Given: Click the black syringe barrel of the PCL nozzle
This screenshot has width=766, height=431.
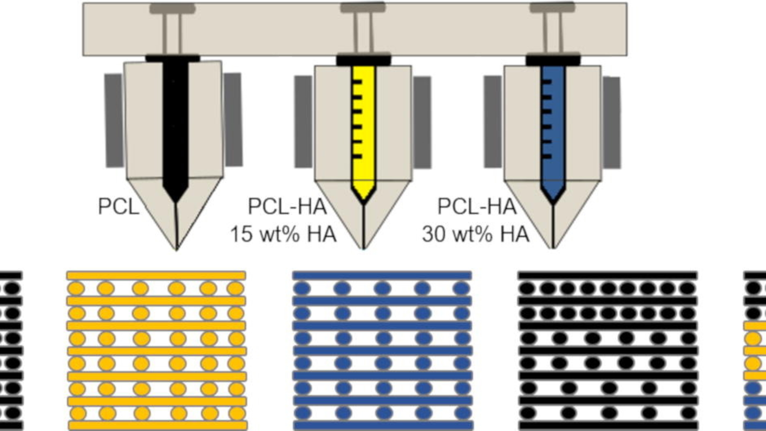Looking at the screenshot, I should [x=175, y=125].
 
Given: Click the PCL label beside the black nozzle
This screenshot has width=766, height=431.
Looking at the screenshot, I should [x=118, y=206].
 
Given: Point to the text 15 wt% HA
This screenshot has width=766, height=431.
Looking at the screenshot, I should [x=283, y=234].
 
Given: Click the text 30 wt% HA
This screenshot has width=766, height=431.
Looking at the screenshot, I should [x=475, y=234].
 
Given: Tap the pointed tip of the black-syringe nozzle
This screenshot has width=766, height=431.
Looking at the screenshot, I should [x=177, y=248].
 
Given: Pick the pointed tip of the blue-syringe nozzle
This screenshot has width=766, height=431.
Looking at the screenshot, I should [x=553, y=247].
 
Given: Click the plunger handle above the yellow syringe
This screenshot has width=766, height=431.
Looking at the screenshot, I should [x=363, y=8].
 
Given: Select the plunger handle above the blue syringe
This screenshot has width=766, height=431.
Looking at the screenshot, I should [x=552, y=8].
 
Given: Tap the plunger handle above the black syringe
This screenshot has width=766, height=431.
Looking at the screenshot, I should [x=172, y=9].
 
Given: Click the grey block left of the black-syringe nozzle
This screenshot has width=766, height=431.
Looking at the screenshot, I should [x=114, y=120].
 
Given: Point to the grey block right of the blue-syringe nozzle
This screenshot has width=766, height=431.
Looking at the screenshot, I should [x=611, y=123].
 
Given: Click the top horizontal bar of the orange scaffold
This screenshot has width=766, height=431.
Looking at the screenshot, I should [x=156, y=275].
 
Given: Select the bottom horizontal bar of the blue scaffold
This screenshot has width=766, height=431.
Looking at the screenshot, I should [x=383, y=425].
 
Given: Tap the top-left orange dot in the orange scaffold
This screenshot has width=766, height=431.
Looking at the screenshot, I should [x=76, y=288].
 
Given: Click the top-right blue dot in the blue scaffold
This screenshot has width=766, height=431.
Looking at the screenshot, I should [x=462, y=288].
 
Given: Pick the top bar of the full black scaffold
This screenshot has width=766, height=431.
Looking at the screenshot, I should [x=608, y=275].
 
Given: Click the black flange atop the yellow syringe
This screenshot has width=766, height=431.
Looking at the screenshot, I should [x=363, y=61].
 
